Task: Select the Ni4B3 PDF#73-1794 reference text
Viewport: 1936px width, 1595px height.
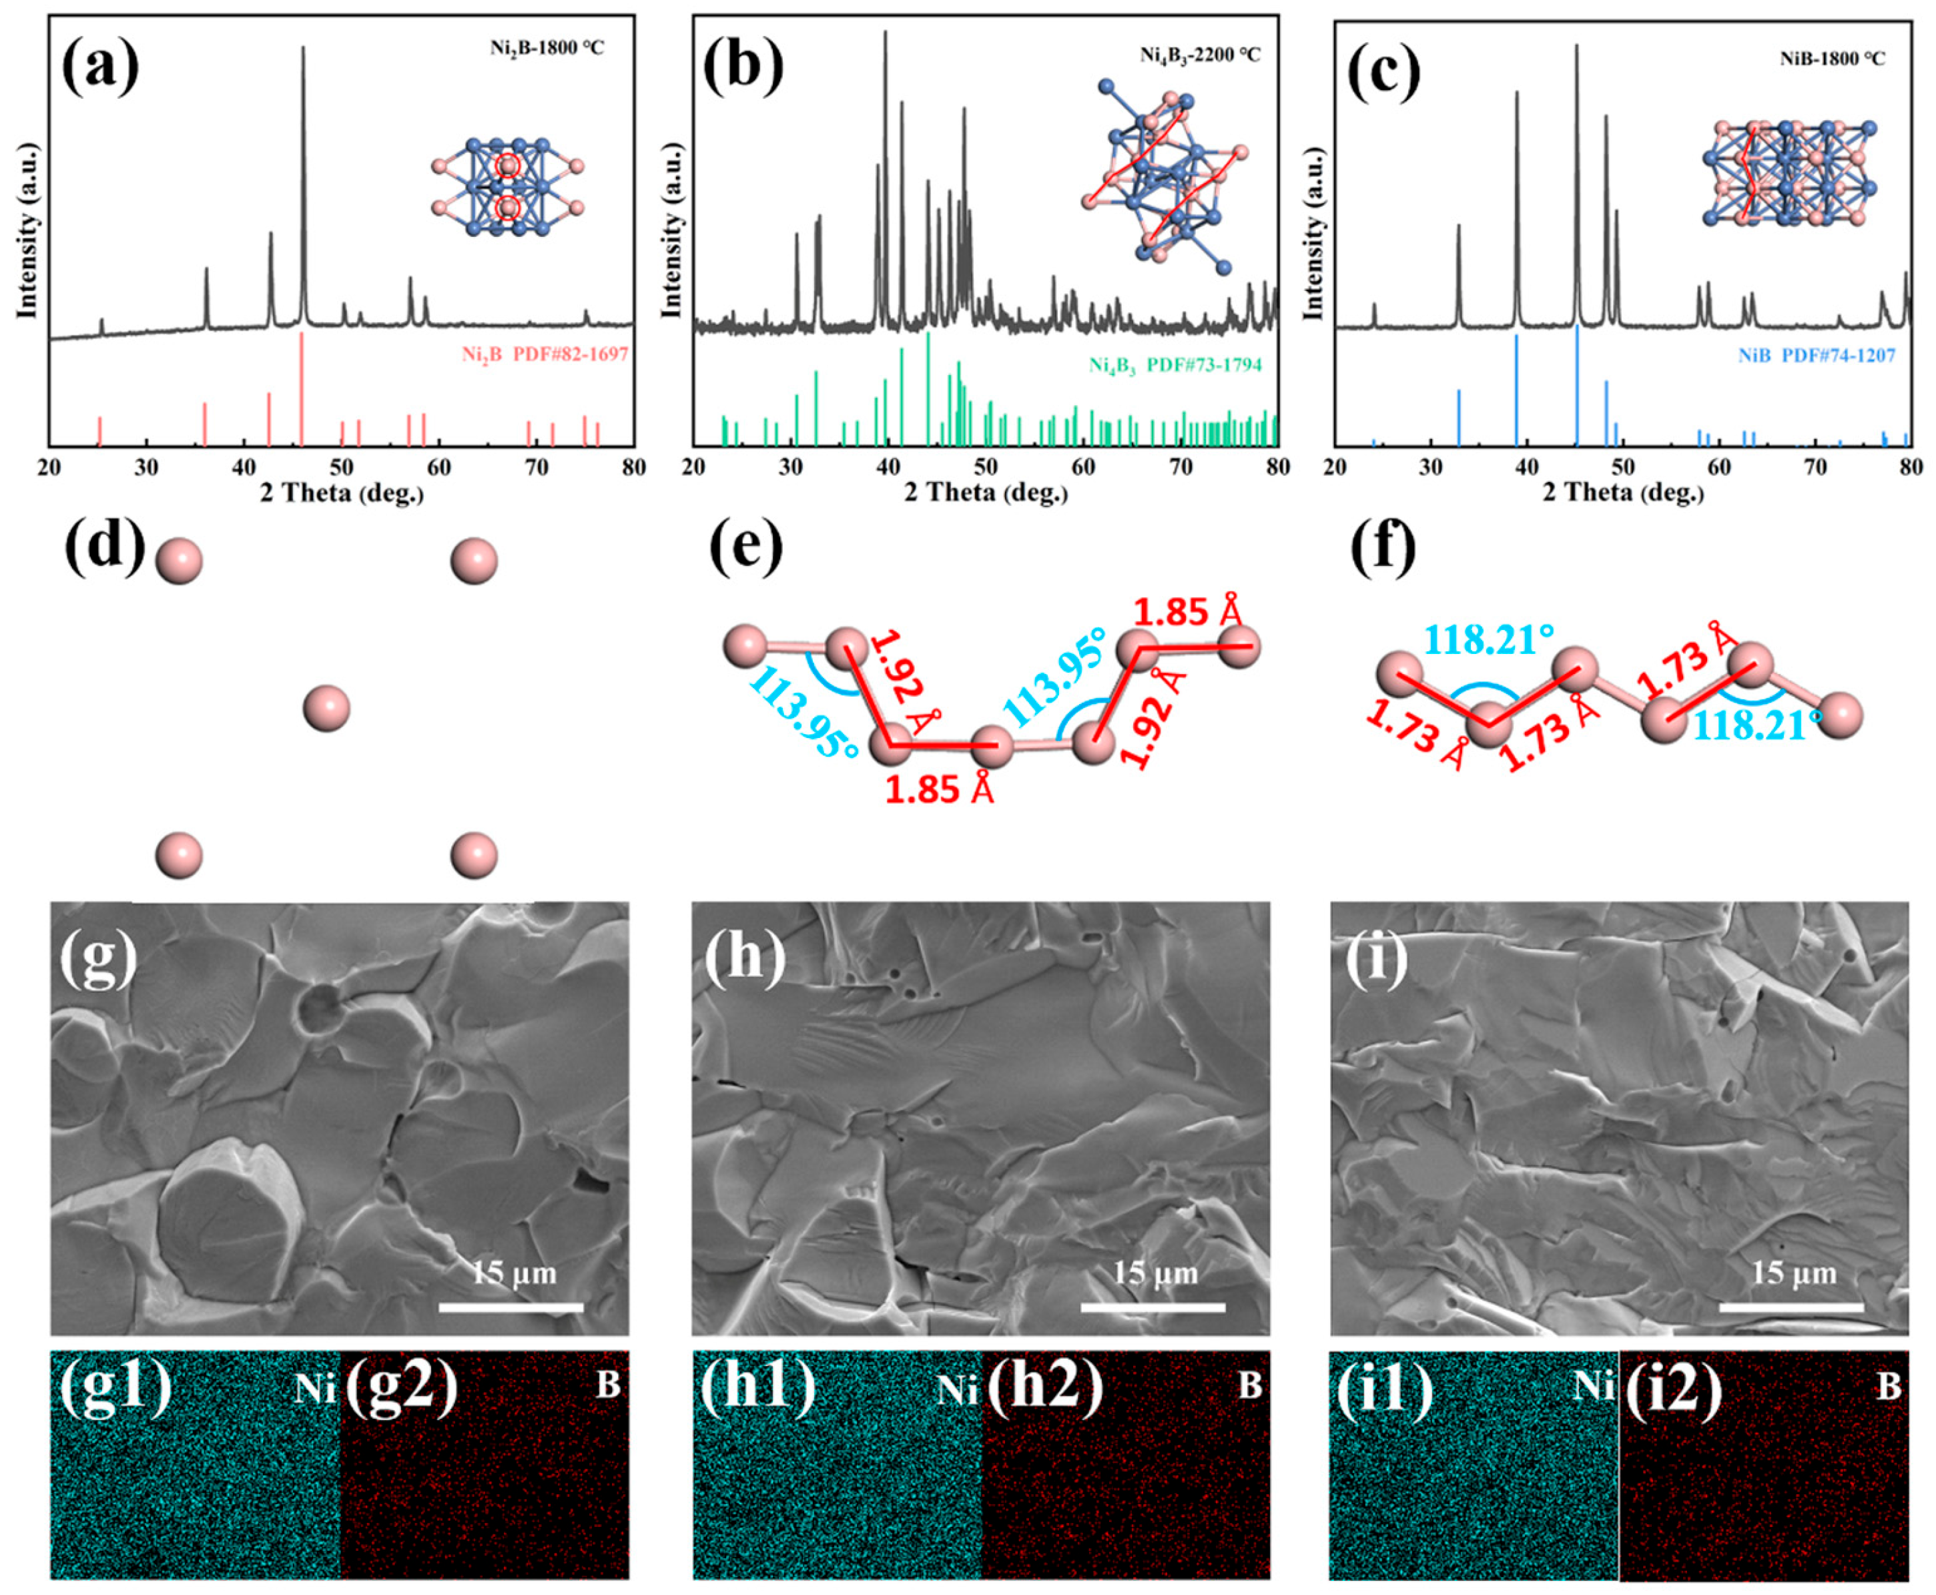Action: point(1175,366)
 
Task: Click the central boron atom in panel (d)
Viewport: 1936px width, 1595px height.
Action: point(326,708)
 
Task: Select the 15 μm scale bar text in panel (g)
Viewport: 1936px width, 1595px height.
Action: point(514,1273)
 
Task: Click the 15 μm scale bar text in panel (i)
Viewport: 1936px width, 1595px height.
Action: point(1794,1273)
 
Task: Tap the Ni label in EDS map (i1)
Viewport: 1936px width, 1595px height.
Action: point(1593,1385)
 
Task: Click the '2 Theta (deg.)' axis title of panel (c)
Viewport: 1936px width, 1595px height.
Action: point(1622,493)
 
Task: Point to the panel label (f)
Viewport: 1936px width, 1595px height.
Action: point(1382,549)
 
